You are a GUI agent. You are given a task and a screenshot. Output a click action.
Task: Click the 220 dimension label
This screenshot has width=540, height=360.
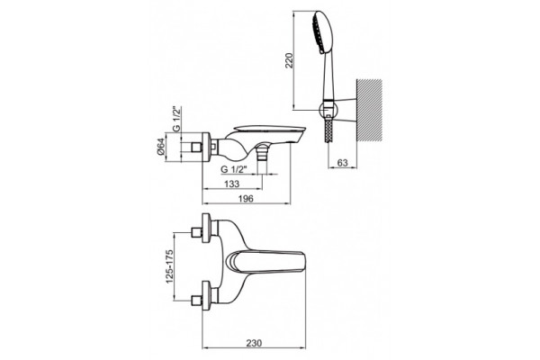tap(290, 60)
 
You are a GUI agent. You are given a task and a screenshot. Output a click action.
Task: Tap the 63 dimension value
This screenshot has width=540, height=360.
tap(342, 163)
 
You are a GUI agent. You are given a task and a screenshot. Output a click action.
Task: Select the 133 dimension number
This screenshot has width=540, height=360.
tap(232, 184)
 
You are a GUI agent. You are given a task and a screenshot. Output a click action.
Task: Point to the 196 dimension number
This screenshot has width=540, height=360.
tap(246, 199)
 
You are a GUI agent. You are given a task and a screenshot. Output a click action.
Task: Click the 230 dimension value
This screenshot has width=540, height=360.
tap(254, 343)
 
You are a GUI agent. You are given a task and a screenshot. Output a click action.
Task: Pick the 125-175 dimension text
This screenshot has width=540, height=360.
tap(170, 266)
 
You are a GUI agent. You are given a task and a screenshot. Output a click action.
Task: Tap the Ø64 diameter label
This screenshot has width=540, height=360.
tap(161, 148)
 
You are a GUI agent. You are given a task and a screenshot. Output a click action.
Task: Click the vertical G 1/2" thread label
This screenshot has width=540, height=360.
tap(176, 119)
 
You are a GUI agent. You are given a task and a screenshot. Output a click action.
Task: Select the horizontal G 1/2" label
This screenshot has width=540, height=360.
tap(234, 169)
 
